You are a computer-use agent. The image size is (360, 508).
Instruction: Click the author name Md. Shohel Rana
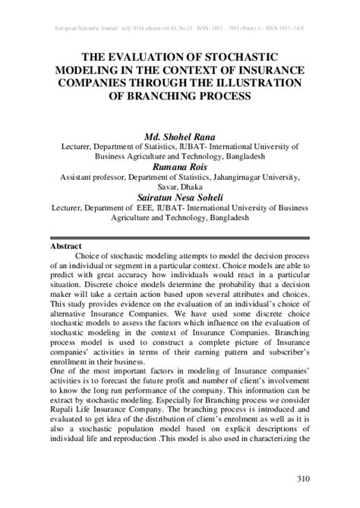coord(179,135)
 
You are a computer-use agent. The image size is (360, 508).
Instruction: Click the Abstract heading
coord(65,226)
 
